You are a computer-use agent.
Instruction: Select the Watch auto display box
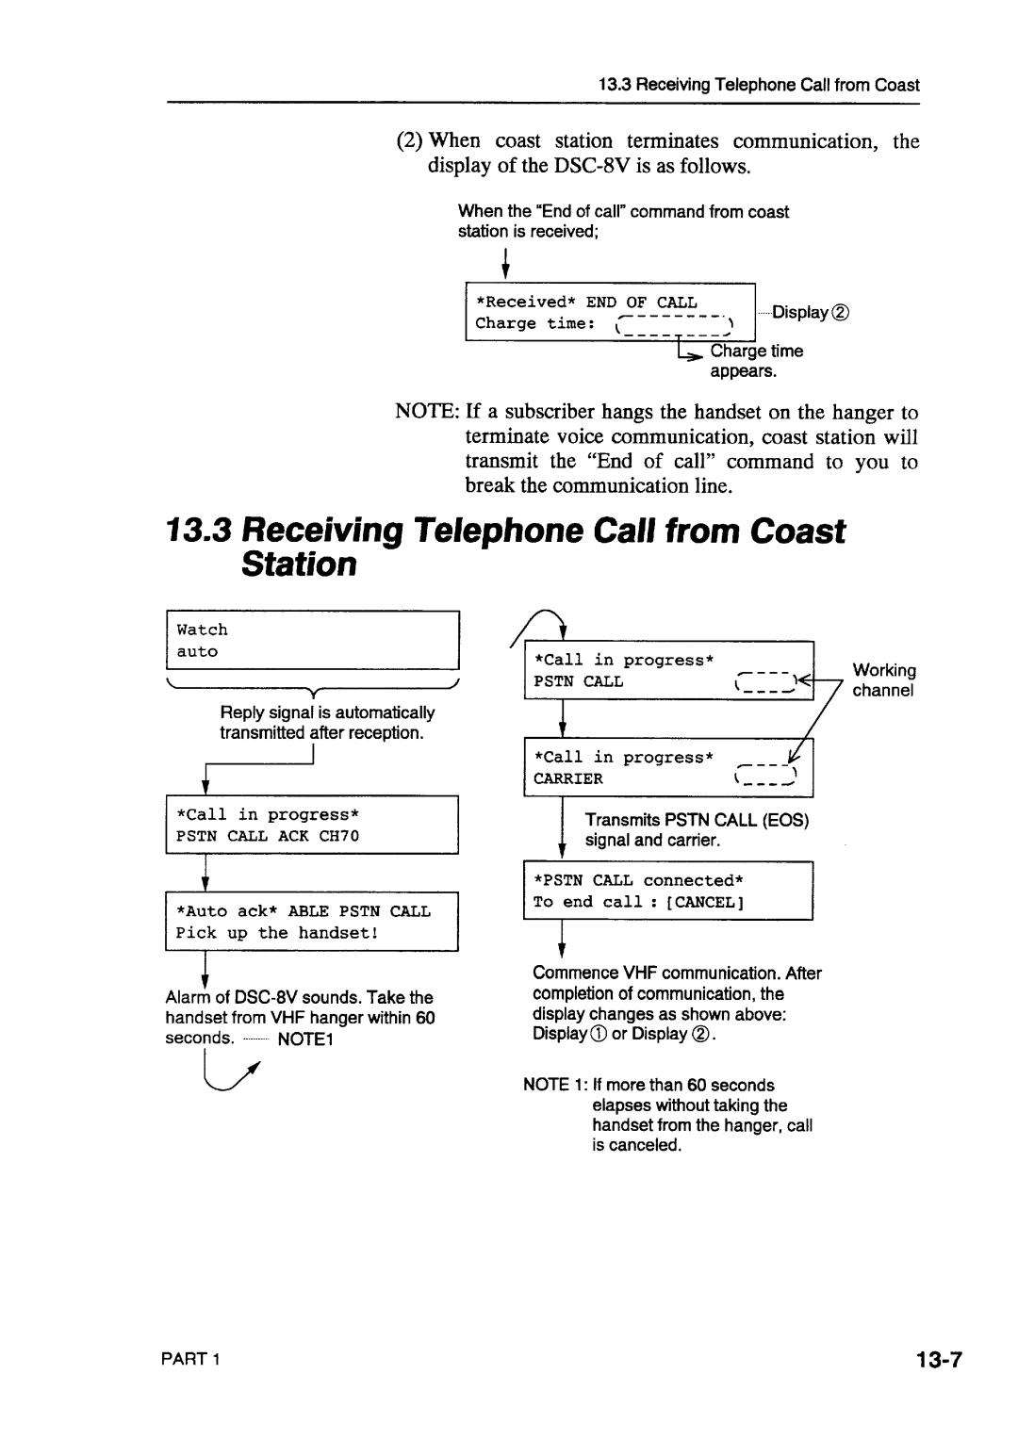(x=312, y=640)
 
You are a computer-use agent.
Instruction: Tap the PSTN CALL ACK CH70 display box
(x=312, y=825)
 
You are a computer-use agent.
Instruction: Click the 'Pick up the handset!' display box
(x=312, y=922)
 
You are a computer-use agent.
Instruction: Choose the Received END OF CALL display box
(x=611, y=312)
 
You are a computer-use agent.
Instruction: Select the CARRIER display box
(x=667, y=768)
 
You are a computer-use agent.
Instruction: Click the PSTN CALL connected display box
(x=667, y=891)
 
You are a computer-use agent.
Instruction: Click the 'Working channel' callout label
(x=883, y=680)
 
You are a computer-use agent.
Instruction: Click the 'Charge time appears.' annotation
(x=756, y=361)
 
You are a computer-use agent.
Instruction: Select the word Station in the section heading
(x=299, y=565)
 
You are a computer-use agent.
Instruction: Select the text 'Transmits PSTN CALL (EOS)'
(x=697, y=820)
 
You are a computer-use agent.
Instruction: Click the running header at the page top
(x=759, y=85)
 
